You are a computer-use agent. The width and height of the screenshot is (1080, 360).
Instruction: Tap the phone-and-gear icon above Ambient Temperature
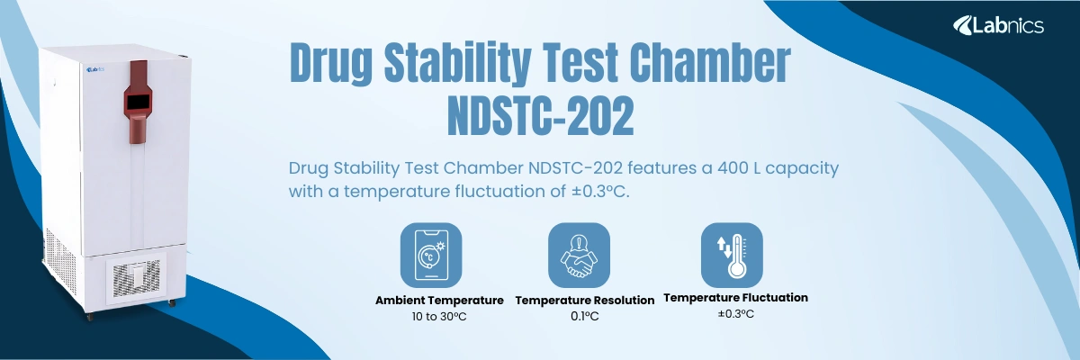[430, 254]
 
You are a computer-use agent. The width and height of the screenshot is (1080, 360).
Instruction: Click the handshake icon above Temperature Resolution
[579, 254]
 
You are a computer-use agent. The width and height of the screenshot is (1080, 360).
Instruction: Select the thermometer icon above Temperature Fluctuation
[731, 254]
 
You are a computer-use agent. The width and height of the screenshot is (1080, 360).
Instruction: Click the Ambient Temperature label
[439, 300]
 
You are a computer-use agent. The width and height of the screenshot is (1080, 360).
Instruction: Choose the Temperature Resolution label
[584, 300]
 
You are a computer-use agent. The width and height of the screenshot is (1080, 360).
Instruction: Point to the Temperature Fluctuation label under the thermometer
[735, 297]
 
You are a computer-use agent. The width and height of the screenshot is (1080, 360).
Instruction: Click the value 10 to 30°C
[439, 316]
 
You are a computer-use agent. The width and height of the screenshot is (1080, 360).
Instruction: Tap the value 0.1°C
[584, 316]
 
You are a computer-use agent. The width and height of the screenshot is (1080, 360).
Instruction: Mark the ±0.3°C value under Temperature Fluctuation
[735, 313]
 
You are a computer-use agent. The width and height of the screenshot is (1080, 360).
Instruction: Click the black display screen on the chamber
[138, 103]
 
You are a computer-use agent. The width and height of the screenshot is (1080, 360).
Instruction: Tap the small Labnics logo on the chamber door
[96, 67]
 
